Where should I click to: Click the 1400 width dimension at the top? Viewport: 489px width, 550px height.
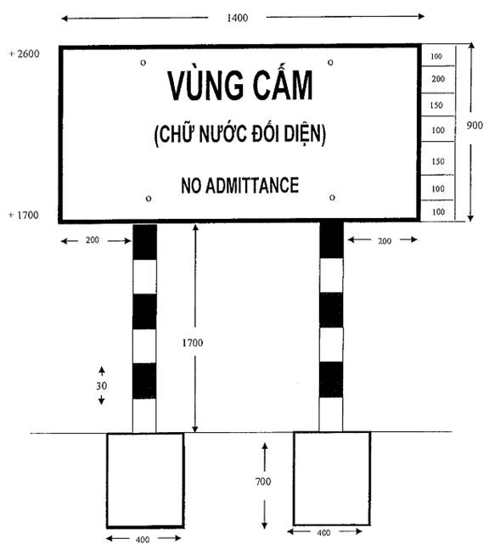(237, 18)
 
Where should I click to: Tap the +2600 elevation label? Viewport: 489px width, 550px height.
(24, 53)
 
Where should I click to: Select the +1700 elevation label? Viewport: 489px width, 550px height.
(24, 215)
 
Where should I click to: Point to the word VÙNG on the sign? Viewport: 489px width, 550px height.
(205, 86)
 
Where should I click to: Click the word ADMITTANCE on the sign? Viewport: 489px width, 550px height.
(252, 185)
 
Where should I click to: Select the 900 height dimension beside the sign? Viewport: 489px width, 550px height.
(475, 125)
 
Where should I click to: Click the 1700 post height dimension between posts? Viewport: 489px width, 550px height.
(192, 342)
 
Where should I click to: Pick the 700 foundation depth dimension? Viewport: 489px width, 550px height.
(263, 481)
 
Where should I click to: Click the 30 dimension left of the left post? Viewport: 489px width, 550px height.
(101, 386)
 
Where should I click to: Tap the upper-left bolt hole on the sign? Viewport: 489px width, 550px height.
(143, 63)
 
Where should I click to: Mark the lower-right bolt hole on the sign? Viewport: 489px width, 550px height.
(332, 198)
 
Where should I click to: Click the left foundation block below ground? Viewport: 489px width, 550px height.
(145, 480)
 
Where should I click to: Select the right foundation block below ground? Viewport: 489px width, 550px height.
(332, 479)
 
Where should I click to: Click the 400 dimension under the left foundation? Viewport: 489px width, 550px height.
(143, 540)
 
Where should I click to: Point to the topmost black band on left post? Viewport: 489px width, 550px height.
(145, 242)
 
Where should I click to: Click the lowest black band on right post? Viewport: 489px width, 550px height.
(331, 379)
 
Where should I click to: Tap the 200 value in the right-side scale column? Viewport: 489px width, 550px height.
(438, 79)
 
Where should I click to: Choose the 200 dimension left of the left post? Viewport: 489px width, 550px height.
(93, 240)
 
